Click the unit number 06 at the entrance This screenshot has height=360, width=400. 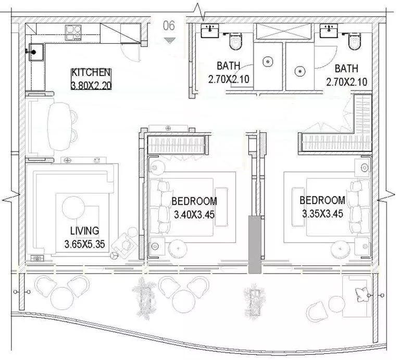tap(169, 25)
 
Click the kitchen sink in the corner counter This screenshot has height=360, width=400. tap(35, 52)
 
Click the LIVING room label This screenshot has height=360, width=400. tap(84, 230)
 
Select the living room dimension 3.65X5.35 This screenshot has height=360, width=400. tap(86, 243)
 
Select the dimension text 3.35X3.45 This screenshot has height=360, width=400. tap(322, 213)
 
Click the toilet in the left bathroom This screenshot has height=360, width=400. tap(236, 40)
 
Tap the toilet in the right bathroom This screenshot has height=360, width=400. tap(354, 40)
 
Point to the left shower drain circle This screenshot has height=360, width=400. tap(267, 62)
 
